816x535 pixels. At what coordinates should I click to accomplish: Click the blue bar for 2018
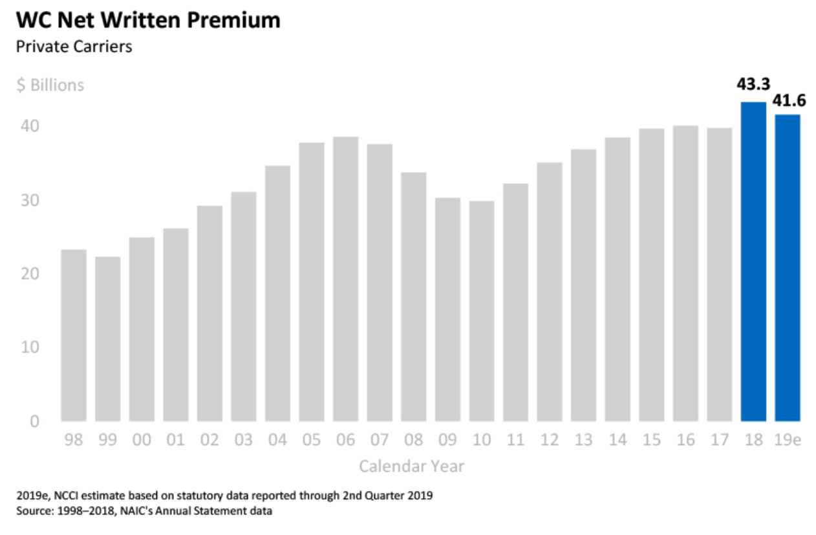pos(753,261)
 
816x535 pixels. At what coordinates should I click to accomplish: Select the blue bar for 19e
pos(788,268)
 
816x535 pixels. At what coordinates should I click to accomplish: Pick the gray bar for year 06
pos(345,279)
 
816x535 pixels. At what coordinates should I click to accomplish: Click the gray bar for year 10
pos(481,311)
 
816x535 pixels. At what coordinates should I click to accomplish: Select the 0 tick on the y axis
pos(34,422)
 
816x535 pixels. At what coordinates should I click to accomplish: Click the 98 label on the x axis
pos(73,441)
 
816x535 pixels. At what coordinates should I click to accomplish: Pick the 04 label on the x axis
pos(277,441)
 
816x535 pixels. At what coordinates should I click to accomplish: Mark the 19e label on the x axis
pos(788,441)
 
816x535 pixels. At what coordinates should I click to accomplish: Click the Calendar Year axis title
pos(411,466)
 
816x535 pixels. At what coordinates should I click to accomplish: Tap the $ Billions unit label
pos(50,85)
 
